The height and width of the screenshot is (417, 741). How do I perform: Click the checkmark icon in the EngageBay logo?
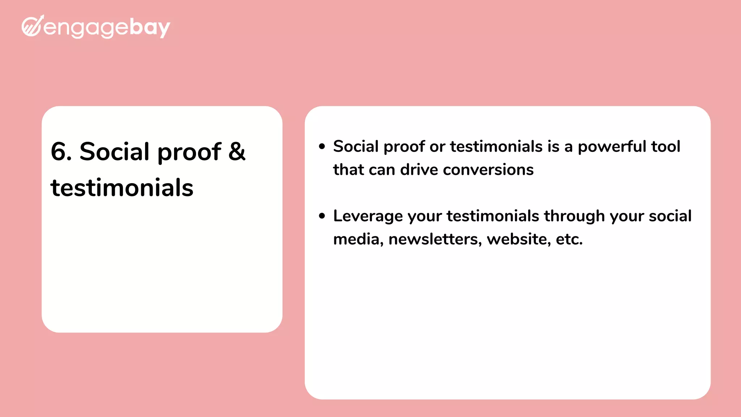click(33, 26)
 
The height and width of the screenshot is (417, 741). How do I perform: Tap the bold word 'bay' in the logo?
click(149, 28)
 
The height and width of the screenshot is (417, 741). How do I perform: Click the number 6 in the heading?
click(61, 151)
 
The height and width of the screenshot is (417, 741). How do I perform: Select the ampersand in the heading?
click(237, 151)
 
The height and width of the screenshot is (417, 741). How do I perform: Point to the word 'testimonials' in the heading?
click(122, 188)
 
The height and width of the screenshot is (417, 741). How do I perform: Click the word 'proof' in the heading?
click(189, 152)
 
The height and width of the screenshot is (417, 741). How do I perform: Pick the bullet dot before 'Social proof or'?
click(322, 147)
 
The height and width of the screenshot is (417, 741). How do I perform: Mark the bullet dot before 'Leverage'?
click(322, 216)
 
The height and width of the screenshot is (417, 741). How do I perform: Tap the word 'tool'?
click(666, 147)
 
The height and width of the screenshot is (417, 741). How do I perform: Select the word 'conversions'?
click(488, 170)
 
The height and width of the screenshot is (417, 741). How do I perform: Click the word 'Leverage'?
click(368, 216)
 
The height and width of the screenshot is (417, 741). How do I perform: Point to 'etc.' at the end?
click(569, 239)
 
